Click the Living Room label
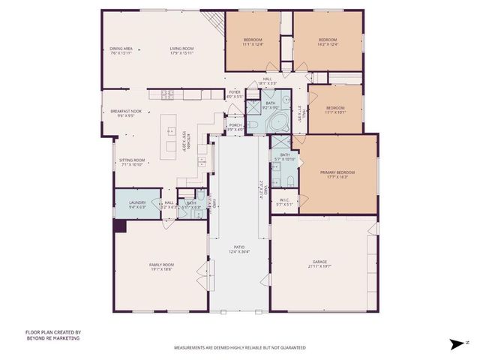click(181, 49)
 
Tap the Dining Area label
click(121, 49)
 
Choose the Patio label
click(238, 247)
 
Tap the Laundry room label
click(136, 202)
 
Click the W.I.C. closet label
click(284, 200)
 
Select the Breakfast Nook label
click(121, 112)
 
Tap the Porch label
click(235, 126)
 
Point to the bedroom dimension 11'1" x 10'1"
click(334, 113)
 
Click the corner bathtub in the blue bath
click(279, 122)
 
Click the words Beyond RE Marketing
click(52, 338)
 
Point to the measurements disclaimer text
click(240, 348)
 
